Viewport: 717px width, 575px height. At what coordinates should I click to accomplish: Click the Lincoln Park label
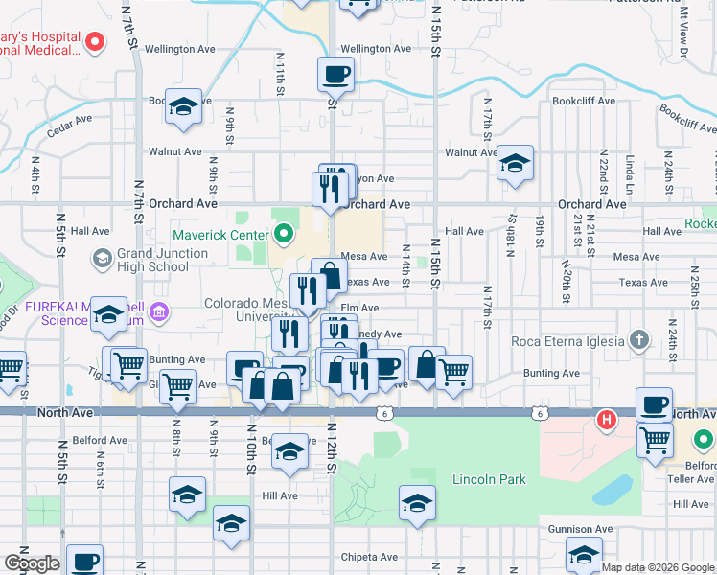pos(490,479)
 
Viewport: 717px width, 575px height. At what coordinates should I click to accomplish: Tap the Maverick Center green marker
pos(284,232)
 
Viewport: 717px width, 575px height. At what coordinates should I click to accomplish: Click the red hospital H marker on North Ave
pos(606,419)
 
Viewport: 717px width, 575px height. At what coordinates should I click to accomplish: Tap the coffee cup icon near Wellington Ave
pos(335,74)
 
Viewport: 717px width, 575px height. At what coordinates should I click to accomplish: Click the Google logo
pos(32,563)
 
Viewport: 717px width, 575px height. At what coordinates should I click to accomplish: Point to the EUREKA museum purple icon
pos(159,311)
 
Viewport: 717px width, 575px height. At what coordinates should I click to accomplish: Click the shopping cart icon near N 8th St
pos(177,386)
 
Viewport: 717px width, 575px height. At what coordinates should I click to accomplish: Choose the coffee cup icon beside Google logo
pos(83,561)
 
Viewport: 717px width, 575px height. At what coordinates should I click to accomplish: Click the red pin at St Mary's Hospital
pos(95,41)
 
